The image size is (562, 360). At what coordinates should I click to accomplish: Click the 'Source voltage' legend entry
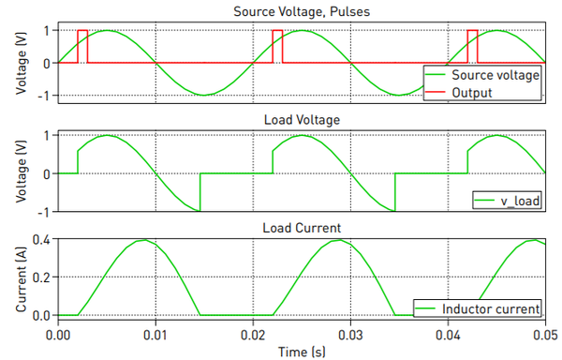pos(495,75)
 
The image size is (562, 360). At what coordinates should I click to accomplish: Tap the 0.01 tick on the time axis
pos(155,333)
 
